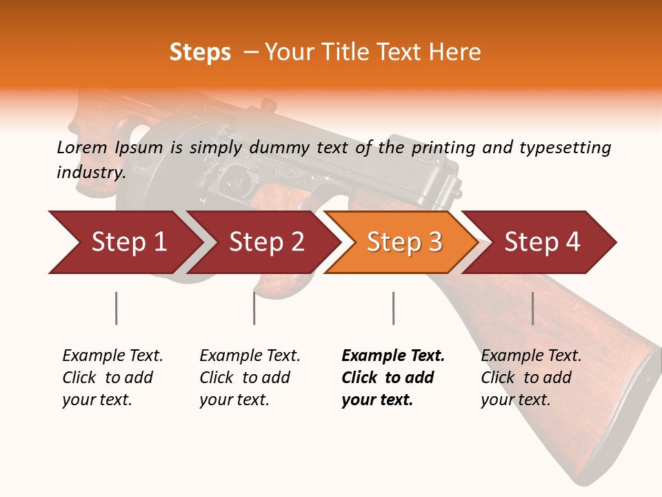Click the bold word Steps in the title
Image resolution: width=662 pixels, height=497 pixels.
tap(200, 52)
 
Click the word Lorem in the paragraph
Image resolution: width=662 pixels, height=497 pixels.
tap(81, 147)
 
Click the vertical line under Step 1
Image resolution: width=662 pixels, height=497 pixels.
tap(116, 308)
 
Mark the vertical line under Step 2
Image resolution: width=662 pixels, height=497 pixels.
tap(254, 308)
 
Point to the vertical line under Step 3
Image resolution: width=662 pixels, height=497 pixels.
tap(393, 308)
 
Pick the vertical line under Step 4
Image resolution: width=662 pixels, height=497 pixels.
tap(532, 308)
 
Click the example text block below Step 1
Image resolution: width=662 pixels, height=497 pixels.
tap(112, 378)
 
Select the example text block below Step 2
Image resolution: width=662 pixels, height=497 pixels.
tap(250, 378)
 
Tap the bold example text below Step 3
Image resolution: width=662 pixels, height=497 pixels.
tap(393, 378)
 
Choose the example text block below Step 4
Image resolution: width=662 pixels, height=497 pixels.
tap(531, 378)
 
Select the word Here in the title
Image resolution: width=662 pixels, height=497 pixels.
tap(458, 52)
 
